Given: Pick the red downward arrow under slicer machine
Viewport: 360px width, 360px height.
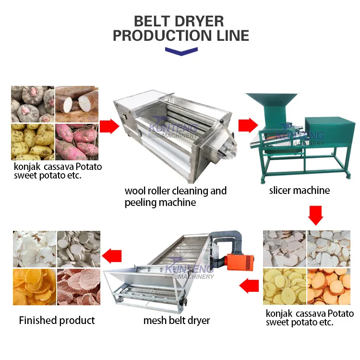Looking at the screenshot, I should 315,216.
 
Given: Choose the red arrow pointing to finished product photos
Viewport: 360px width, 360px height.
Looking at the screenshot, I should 113,256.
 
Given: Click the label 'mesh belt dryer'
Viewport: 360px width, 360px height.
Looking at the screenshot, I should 177,320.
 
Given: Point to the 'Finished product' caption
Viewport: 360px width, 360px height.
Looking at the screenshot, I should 57,320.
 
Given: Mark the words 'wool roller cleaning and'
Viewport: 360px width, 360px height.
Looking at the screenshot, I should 175,191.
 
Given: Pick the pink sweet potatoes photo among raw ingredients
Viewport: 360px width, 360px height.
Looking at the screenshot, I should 78,142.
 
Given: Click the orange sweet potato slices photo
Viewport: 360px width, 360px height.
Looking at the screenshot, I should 330,287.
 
